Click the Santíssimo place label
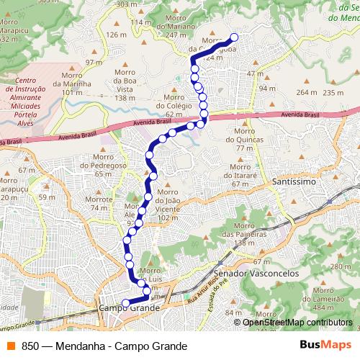click(x=295, y=184)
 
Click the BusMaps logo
click(x=326, y=346)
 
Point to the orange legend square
click(x=11, y=346)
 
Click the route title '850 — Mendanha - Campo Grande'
click(x=104, y=346)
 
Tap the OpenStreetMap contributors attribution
click(x=297, y=322)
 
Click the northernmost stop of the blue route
click(x=233, y=38)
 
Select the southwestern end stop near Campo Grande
click(x=125, y=302)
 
